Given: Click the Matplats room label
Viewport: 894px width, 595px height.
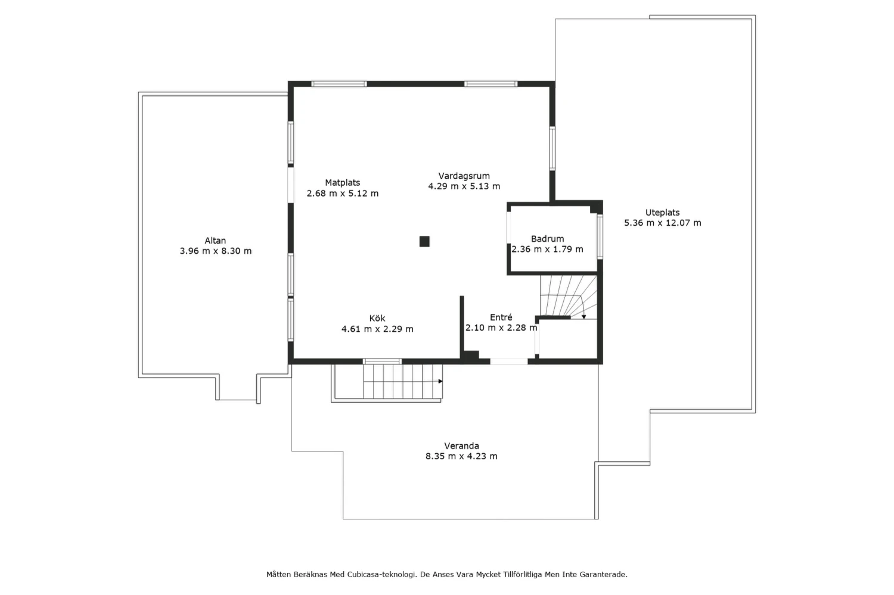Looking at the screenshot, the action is click(x=343, y=183).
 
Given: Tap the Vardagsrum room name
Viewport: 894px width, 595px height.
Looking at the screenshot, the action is click(x=464, y=176).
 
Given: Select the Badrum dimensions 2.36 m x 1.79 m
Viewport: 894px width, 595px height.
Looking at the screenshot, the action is click(x=547, y=249).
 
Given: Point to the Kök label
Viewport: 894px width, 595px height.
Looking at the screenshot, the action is click(x=377, y=318).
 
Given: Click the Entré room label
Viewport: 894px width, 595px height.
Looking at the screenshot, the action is click(x=501, y=317).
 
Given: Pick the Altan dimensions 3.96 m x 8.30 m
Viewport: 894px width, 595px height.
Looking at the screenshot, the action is click(x=216, y=251).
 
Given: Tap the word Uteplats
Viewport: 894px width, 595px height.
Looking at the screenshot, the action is click(x=662, y=213).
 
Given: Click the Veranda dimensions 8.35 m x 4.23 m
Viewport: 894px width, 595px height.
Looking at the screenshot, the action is click(x=461, y=456).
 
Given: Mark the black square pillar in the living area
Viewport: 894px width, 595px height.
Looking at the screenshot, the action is click(x=424, y=241).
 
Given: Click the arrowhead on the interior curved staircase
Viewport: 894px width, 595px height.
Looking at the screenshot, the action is click(x=583, y=317).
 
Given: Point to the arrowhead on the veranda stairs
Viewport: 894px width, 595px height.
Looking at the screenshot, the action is click(x=440, y=381).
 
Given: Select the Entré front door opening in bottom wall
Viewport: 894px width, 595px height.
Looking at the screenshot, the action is click(x=509, y=362).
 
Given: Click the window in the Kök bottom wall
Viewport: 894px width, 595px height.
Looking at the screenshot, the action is click(x=383, y=362).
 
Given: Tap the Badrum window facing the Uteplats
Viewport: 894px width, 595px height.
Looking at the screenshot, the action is click(x=600, y=236).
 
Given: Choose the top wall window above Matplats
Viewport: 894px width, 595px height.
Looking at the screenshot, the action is click(x=339, y=84).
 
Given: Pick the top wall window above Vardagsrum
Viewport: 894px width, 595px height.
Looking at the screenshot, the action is click(x=491, y=84).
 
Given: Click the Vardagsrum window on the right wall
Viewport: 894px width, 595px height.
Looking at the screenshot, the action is click(x=552, y=148).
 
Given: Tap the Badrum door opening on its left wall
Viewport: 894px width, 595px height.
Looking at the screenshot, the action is click(x=509, y=228).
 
